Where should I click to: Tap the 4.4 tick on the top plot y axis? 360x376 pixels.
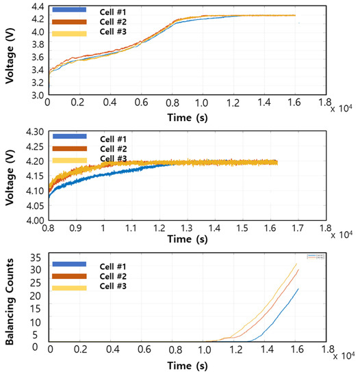point(35,7)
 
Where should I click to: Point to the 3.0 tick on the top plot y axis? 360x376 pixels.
point(35,95)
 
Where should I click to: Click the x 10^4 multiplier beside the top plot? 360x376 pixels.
point(343,107)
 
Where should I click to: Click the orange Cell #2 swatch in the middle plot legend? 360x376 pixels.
point(69,148)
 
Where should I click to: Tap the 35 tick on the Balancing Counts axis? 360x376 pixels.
point(37,258)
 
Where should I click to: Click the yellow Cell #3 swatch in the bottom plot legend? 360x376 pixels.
point(69,288)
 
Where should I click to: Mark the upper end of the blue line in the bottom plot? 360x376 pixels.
point(298,288)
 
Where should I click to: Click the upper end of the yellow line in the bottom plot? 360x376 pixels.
point(296,263)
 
